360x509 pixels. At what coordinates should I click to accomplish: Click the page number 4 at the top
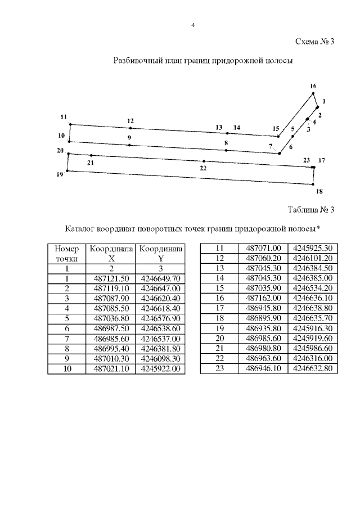pos(193,25)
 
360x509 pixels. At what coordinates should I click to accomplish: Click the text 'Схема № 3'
pos(315,41)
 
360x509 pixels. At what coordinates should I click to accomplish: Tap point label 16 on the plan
pos(313,86)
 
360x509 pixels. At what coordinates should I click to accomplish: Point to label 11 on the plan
pos(64,116)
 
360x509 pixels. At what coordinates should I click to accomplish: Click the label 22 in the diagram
pos(204,168)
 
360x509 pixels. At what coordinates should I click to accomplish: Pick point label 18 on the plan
pos(319,192)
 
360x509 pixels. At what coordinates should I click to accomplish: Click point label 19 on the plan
pos(60,175)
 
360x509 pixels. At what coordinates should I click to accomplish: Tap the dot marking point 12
pos(130,128)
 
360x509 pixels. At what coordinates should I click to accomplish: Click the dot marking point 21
pos(91,155)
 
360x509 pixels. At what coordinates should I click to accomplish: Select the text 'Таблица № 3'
pos(311,210)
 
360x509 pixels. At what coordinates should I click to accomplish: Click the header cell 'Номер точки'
pos(66,253)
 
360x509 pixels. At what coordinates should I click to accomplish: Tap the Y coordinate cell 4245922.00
pos(161,369)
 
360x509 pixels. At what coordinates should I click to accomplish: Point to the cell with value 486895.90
pos(263,318)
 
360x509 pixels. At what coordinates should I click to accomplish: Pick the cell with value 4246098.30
pos(161,359)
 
